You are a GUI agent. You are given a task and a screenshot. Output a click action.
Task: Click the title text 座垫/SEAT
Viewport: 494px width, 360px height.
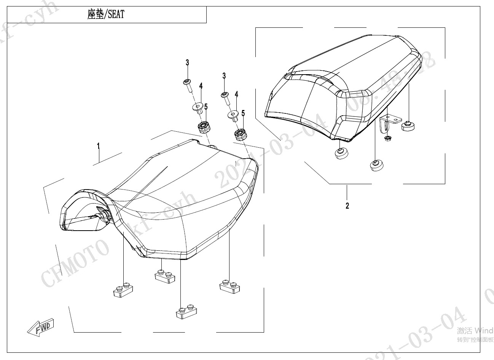coord(106,15)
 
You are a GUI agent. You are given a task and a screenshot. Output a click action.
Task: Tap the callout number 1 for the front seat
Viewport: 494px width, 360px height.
coord(98,146)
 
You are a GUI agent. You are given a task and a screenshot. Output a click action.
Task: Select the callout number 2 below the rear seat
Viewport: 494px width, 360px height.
coord(347,206)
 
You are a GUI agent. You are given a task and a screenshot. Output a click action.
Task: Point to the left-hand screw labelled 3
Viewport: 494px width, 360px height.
coord(188,85)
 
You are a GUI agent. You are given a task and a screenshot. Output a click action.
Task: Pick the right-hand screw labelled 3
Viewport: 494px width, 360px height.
coord(225,98)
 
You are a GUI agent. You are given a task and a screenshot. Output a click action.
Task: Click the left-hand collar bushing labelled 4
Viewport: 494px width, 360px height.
coord(198,108)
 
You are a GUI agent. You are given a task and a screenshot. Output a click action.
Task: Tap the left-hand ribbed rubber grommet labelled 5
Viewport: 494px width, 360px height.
coord(205,127)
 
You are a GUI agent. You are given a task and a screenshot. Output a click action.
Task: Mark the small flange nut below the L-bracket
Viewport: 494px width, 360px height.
coord(388,138)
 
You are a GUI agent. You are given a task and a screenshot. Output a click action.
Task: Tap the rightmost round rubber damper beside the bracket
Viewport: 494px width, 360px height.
coord(408,126)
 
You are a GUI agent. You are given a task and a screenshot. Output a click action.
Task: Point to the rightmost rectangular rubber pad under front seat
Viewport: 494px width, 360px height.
coord(230,286)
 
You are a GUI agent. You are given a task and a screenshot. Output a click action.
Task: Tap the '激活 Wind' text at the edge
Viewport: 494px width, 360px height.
coord(475,330)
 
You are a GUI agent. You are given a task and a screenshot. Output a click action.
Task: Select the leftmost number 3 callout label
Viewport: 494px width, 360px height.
coord(187,63)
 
